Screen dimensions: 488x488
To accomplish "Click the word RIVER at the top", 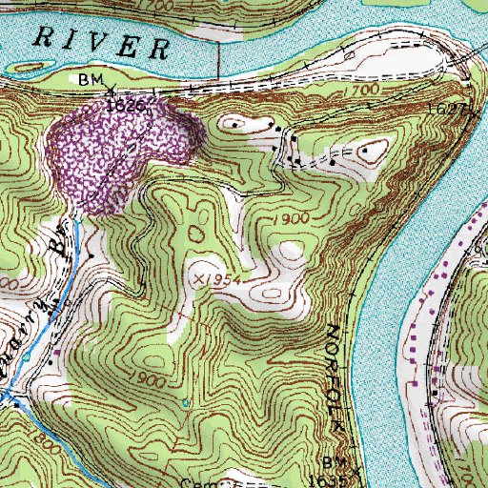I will click(100, 43).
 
